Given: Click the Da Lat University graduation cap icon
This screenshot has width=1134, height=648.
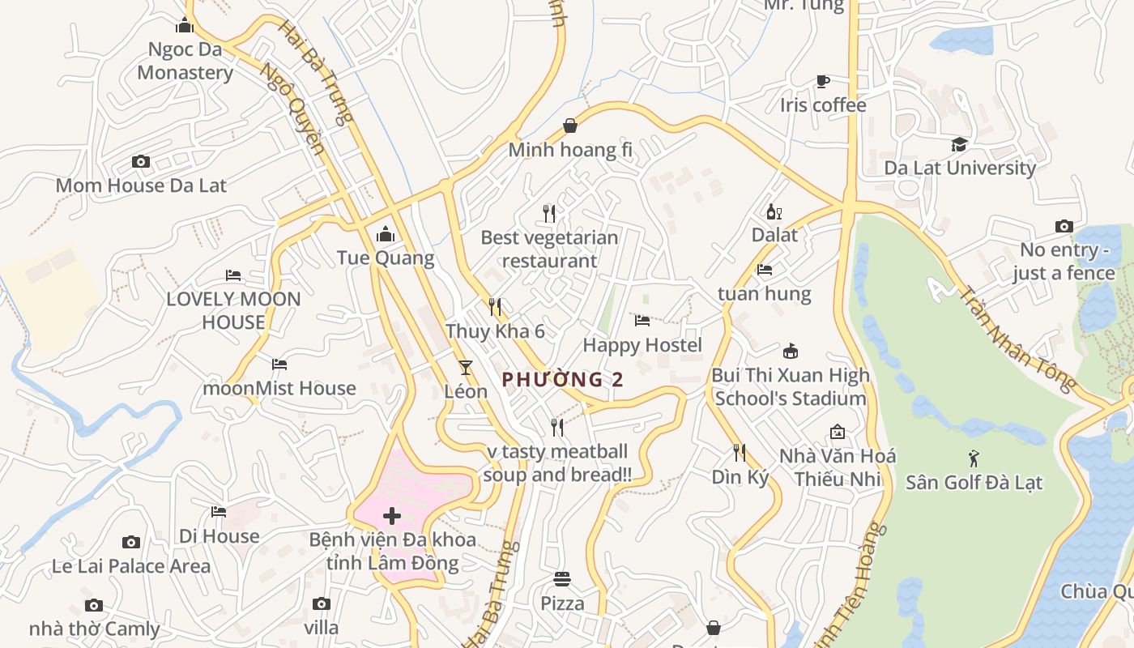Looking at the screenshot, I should (x=960, y=144).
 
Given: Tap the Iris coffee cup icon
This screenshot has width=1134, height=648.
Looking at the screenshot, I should (x=823, y=81).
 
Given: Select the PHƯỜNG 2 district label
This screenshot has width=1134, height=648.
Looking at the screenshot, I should (x=563, y=379).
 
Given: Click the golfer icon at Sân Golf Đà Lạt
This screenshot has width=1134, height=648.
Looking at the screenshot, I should (x=974, y=458).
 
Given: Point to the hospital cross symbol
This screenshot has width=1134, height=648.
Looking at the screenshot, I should (x=392, y=516).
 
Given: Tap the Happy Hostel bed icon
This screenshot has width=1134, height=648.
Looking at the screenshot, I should (x=642, y=321).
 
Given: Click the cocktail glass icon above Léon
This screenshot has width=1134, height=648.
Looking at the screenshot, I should (x=466, y=368).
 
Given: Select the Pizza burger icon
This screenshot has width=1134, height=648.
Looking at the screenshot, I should (x=562, y=579).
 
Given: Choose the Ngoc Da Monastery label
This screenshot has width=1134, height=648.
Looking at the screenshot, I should (x=185, y=61).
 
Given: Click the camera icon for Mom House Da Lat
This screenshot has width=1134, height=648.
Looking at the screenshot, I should (x=141, y=162).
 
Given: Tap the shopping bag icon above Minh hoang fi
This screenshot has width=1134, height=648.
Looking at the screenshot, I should (x=570, y=126).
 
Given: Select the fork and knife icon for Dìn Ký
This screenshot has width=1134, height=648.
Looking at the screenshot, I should (x=740, y=453).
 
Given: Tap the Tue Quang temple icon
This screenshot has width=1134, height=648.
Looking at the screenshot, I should (x=386, y=235).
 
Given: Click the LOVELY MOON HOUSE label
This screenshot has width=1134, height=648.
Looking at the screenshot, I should (x=233, y=310).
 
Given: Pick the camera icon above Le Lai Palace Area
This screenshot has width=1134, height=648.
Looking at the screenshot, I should (x=130, y=542).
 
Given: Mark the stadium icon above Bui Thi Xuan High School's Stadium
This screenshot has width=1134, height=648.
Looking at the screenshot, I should (x=791, y=351).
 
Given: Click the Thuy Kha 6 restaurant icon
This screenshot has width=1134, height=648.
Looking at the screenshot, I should (x=495, y=307).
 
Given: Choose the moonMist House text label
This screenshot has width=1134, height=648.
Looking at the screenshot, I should (x=279, y=388).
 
